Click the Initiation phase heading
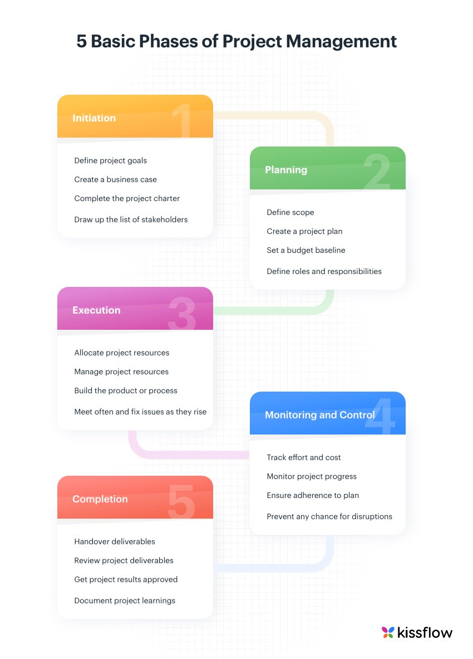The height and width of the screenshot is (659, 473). coord(94,118)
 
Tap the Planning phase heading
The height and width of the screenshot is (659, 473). coord(286,170)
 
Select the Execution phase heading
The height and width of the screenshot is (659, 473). coord(96,310)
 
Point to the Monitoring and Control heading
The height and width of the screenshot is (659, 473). coord(320,415)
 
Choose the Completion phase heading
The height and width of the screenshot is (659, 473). coord(100,499)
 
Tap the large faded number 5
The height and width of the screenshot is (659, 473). coord(181,501)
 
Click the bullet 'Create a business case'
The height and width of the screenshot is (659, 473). coord(115,179)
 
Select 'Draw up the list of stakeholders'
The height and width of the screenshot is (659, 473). coord(131,219)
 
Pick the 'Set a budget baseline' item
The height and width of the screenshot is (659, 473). coord(306,250)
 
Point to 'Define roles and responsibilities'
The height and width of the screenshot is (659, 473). coord(324,271)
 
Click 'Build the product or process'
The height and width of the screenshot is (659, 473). coord(126,390)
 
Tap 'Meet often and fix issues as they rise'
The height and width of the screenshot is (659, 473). coord(140,412)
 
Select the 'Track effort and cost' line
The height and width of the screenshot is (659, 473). coord(304,457)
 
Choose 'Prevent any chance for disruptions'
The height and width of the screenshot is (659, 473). coord(329,516)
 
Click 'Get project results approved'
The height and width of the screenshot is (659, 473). coord(126,579)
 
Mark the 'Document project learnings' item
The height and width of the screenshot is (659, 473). coord(125,601)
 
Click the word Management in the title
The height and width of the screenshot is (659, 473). coord(341,42)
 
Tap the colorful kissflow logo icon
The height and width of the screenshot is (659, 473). coord(388,632)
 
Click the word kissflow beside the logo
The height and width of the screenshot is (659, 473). coord(425,632)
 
